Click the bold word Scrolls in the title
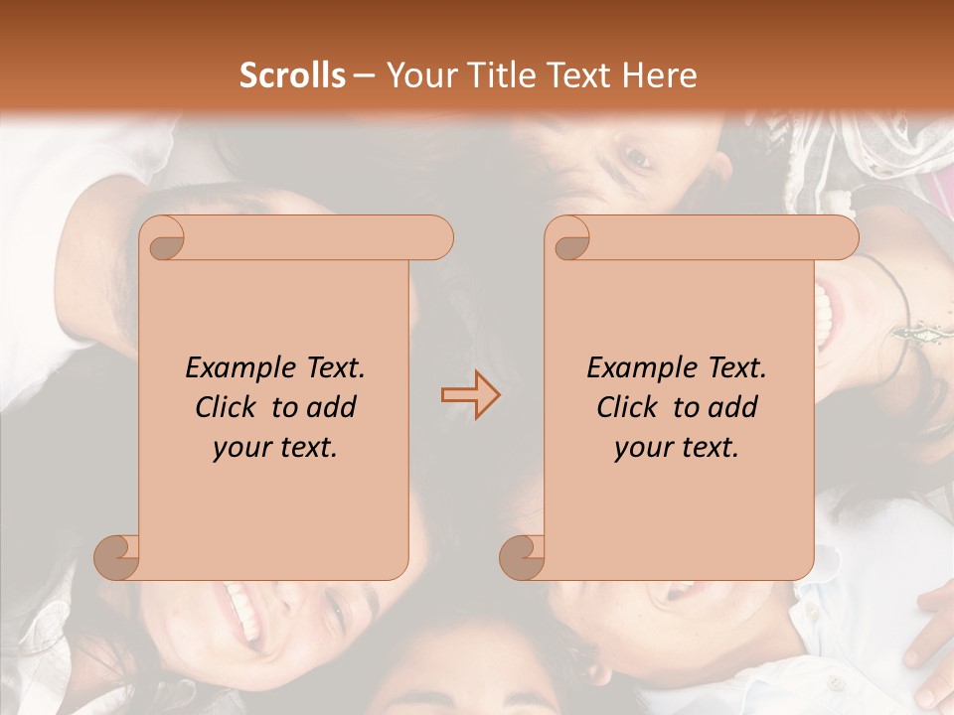click(x=292, y=75)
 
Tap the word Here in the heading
click(x=659, y=75)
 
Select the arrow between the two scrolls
click(x=470, y=395)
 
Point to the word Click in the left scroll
click(x=228, y=407)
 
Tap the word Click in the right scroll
click(x=629, y=407)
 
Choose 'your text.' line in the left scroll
click(x=275, y=447)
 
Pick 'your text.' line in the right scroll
click(x=677, y=447)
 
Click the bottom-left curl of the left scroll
click(x=116, y=557)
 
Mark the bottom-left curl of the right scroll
click(x=522, y=557)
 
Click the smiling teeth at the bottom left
click(x=241, y=610)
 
